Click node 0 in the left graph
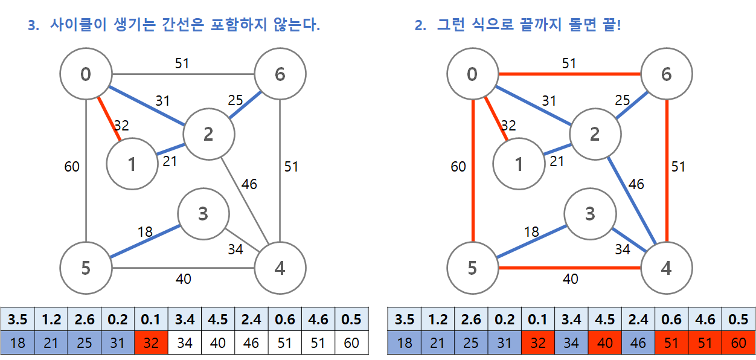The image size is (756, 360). (x=86, y=74)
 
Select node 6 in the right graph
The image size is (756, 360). (x=667, y=74)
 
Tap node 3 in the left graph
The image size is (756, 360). (x=203, y=213)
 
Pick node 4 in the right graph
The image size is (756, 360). (x=667, y=268)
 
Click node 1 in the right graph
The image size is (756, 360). (x=519, y=164)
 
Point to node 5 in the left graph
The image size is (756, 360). (x=86, y=268)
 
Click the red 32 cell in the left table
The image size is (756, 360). (x=152, y=343)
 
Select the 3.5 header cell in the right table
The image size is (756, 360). (x=405, y=320)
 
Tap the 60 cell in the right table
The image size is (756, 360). (x=738, y=343)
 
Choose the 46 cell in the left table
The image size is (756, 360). (x=251, y=343)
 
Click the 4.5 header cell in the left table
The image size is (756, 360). (x=218, y=320)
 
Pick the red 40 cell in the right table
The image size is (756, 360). (x=605, y=343)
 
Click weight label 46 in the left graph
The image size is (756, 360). (x=249, y=184)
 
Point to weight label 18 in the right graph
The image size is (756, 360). (x=531, y=232)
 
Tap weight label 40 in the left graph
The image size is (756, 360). (x=183, y=278)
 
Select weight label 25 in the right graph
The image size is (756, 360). (x=622, y=100)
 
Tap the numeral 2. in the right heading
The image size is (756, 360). (x=420, y=26)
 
